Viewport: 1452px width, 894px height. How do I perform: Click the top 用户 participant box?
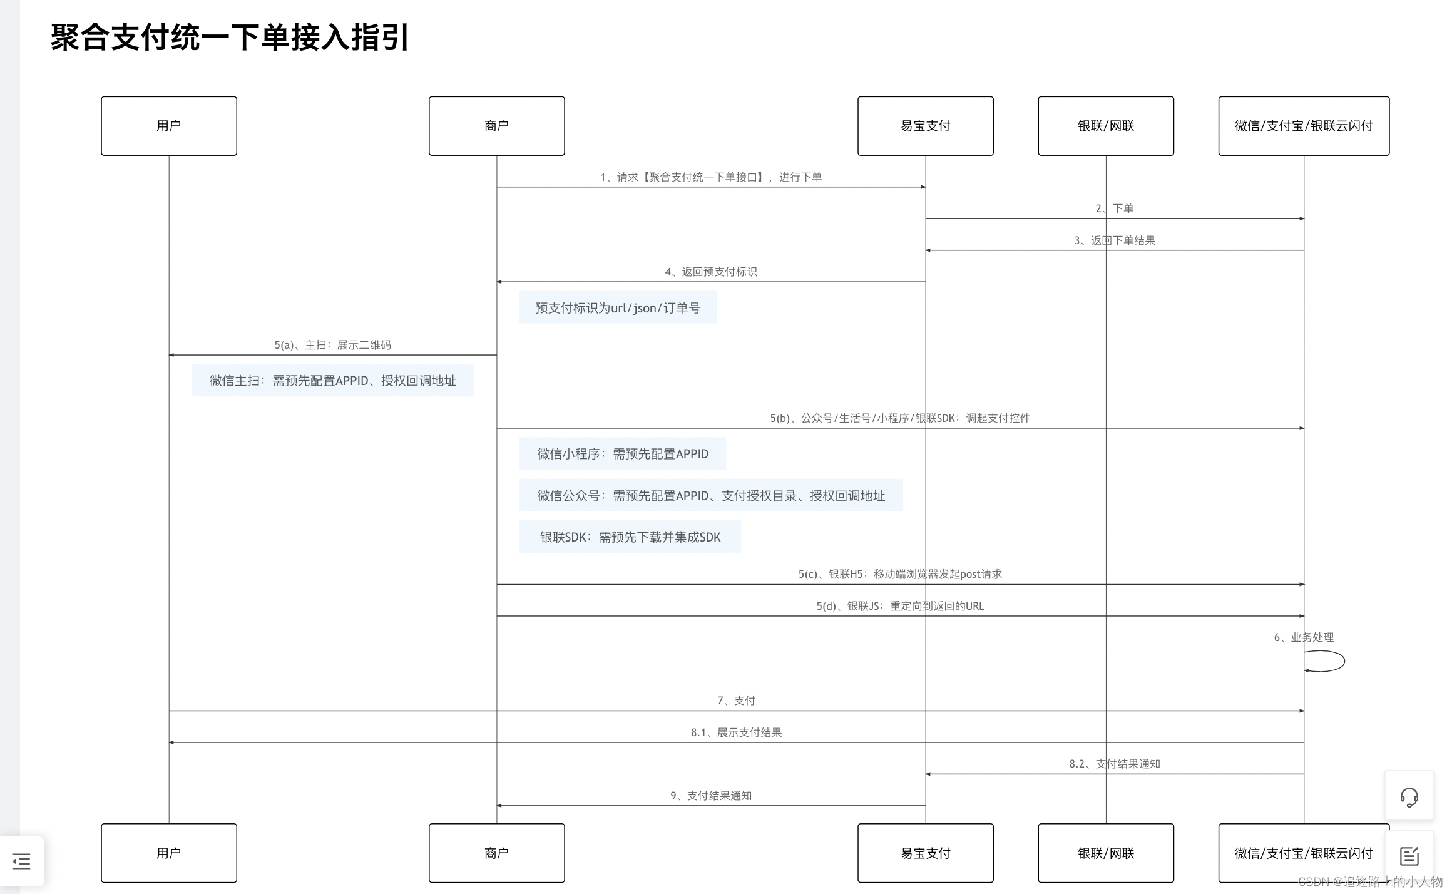pos(168,126)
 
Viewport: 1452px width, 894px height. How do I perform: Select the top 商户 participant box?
pos(496,126)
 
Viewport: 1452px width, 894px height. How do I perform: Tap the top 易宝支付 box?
pos(925,126)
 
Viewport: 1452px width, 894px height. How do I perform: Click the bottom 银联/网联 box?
pos(1105,853)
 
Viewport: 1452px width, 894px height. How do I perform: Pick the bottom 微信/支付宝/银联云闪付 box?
pos(1303,853)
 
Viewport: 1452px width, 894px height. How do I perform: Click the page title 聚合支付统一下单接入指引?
pos(230,38)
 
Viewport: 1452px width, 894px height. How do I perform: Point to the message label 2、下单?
pos(1114,208)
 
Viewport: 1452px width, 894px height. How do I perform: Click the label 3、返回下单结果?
pos(1114,240)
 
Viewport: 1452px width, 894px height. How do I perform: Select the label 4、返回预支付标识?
pos(710,272)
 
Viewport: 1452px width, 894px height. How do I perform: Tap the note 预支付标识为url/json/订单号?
pos(618,308)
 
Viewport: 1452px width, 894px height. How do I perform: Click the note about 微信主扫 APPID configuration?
pos(332,381)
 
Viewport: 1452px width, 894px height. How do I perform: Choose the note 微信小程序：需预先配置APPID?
pos(622,454)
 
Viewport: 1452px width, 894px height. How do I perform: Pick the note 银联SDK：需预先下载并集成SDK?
pos(630,537)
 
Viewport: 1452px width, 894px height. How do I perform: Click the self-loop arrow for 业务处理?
pos(1326,661)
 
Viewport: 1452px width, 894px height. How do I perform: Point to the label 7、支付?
pos(736,701)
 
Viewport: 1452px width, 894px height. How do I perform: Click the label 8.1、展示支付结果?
pos(736,732)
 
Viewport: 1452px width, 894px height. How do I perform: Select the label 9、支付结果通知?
pos(710,796)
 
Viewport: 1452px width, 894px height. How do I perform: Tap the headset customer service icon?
pos(1409,797)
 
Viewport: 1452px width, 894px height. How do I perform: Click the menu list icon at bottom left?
pos(21,861)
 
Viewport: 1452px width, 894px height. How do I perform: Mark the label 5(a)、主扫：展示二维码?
pos(332,345)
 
